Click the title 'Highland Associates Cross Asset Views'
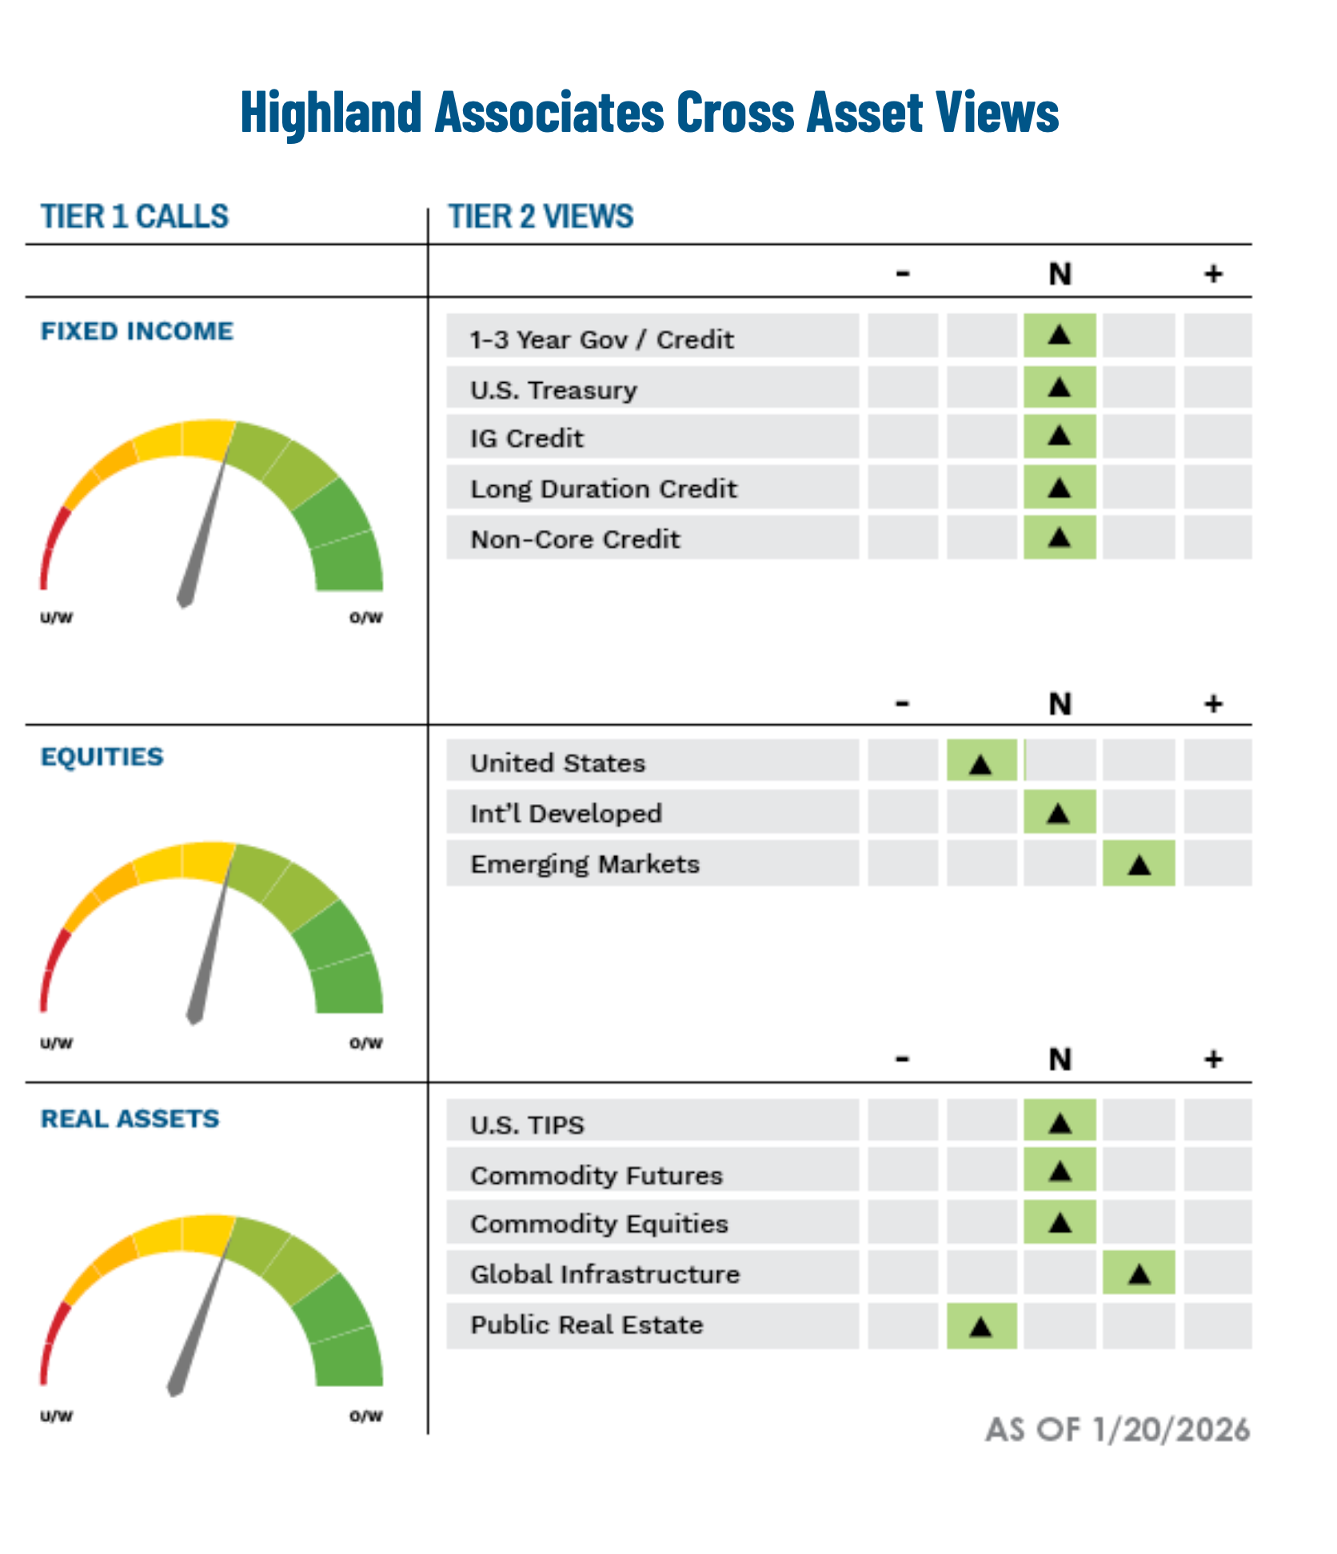pyautogui.click(x=649, y=113)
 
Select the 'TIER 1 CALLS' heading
pyautogui.click(x=134, y=217)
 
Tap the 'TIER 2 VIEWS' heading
pyautogui.click(x=541, y=217)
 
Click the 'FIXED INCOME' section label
pyautogui.click(x=137, y=331)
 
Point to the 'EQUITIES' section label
pyautogui.click(x=102, y=756)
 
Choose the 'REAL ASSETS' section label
pyautogui.click(x=130, y=1118)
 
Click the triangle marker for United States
pyautogui.click(x=980, y=764)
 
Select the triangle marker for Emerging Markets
pyautogui.click(x=1139, y=864)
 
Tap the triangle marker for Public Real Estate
pyautogui.click(x=980, y=1327)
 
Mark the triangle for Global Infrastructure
pyautogui.click(x=1139, y=1274)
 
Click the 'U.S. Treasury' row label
pyautogui.click(x=553, y=390)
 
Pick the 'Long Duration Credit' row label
pyautogui.click(x=604, y=488)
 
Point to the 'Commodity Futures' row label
pyautogui.click(x=597, y=1175)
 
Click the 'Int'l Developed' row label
pyautogui.click(x=566, y=814)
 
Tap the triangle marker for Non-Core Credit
pyautogui.click(x=1059, y=537)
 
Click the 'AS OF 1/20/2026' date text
pyautogui.click(x=1117, y=1430)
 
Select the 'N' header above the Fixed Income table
pyautogui.click(x=1060, y=274)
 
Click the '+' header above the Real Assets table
pyautogui.click(x=1213, y=1059)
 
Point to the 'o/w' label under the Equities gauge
pyautogui.click(x=366, y=1042)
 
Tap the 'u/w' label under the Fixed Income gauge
pyautogui.click(x=57, y=617)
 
